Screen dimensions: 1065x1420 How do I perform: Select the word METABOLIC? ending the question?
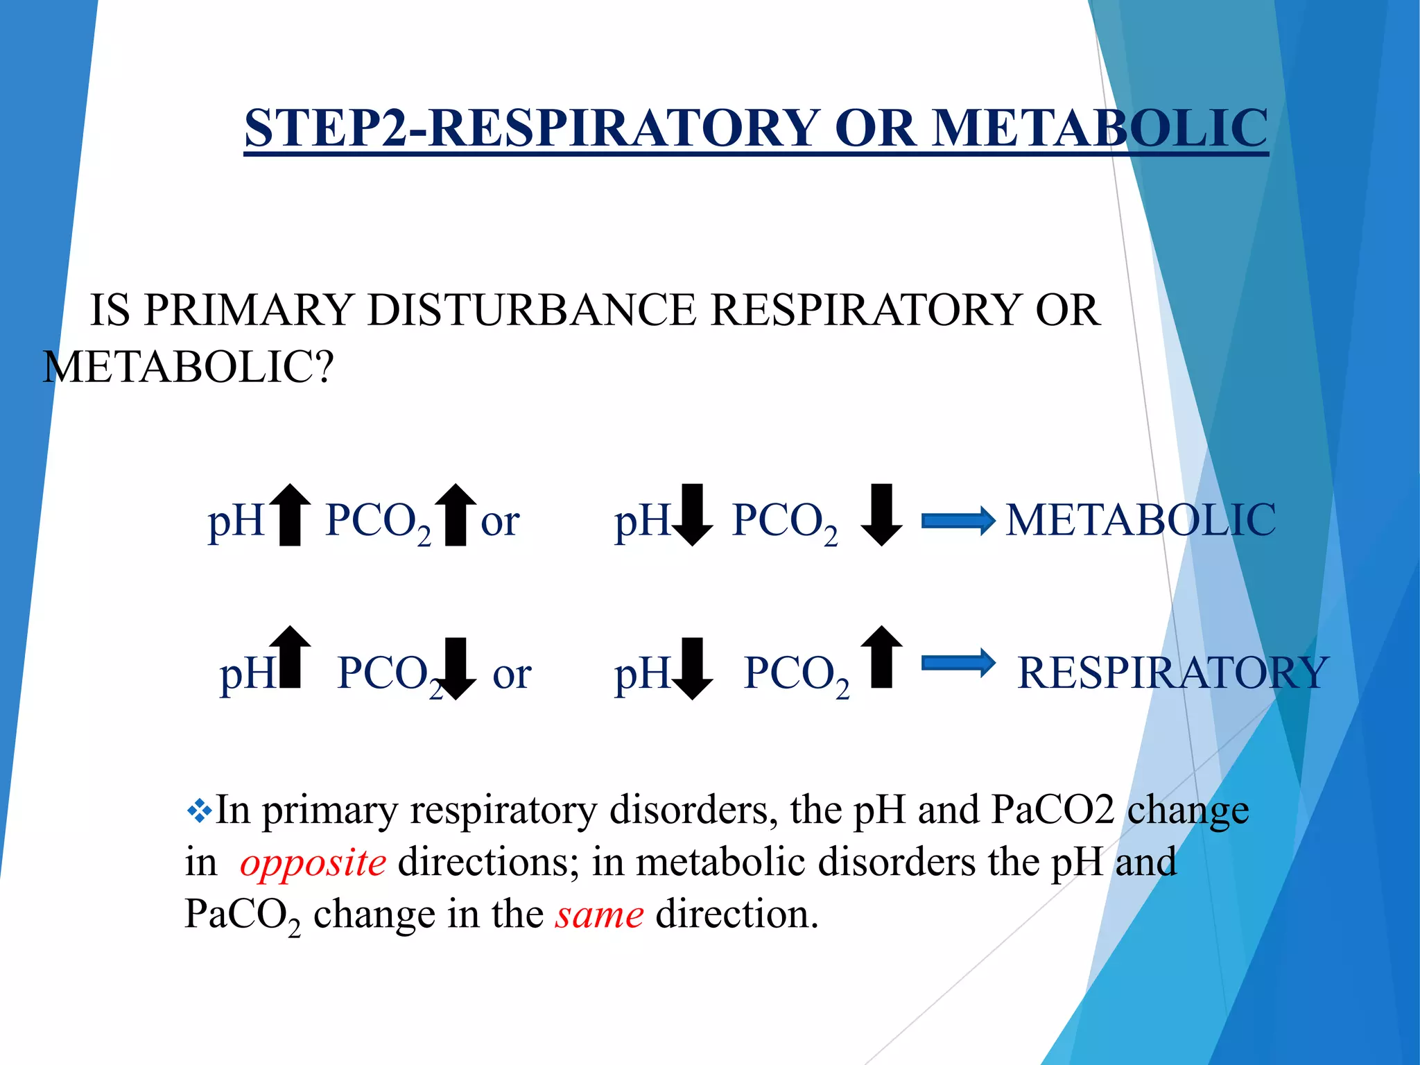coord(188,367)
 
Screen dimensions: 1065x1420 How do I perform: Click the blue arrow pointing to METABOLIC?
coord(958,521)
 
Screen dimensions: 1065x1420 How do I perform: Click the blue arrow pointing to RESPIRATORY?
coord(958,664)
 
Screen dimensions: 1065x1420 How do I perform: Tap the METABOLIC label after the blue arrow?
coord(1141,520)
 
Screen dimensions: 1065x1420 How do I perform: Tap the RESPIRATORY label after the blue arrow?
coord(1172,673)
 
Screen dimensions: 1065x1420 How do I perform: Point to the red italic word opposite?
coord(313,863)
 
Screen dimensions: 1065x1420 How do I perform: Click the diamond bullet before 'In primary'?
coord(199,810)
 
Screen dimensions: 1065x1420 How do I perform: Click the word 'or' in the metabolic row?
coord(500,521)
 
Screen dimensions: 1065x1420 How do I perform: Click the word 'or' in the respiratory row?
coord(512,674)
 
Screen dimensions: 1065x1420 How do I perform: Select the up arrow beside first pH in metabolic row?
coord(290,514)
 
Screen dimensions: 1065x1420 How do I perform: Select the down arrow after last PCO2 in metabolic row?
coord(881,514)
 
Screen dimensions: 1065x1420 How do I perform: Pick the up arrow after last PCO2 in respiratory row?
coord(881,657)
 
